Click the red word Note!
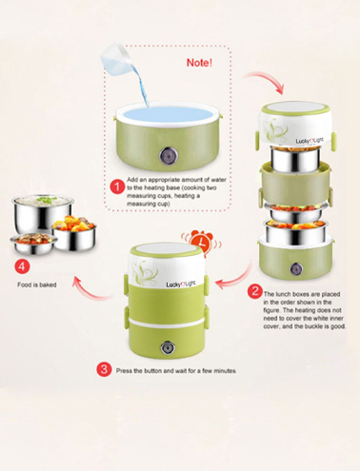[199, 63]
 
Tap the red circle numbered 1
[117, 186]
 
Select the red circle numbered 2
[255, 291]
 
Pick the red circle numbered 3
[104, 370]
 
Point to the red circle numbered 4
[22, 266]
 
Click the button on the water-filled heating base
[167, 155]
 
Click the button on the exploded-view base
[296, 269]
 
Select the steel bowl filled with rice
[43, 213]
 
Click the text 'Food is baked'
[37, 285]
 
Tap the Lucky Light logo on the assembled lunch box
[181, 285]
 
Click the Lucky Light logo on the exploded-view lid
[310, 141]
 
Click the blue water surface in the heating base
[168, 115]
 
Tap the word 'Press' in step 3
[123, 370]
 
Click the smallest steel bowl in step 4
[33, 244]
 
